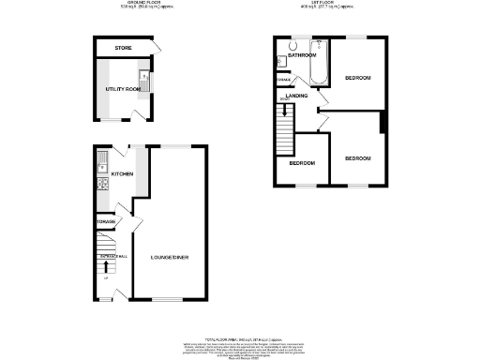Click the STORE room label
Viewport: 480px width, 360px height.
pyautogui.click(x=123, y=47)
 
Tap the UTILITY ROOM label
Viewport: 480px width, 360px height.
pyautogui.click(x=121, y=90)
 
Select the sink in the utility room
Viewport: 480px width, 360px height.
pyautogui.click(x=144, y=79)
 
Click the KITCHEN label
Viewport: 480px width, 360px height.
pyautogui.click(x=123, y=174)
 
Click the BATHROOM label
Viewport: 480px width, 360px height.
pyautogui.click(x=301, y=56)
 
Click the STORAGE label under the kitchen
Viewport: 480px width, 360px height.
pyautogui.click(x=104, y=221)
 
